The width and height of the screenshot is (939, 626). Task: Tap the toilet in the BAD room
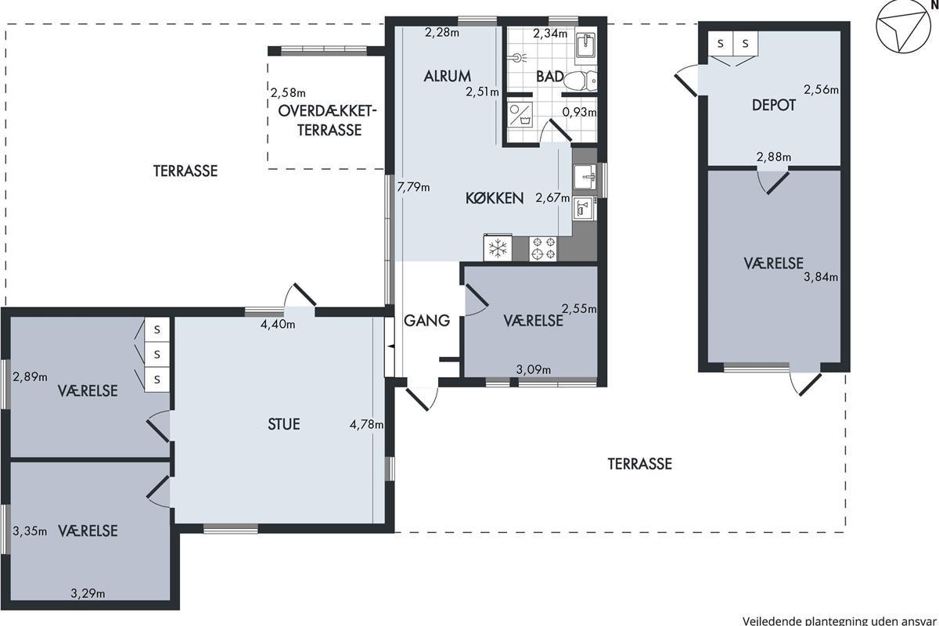pyautogui.click(x=580, y=81)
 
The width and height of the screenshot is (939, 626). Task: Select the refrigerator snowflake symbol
pyautogui.click(x=498, y=248)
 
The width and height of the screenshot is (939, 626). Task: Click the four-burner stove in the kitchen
pyautogui.click(x=543, y=249)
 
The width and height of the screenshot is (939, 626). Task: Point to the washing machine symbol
pyautogui.click(x=520, y=114)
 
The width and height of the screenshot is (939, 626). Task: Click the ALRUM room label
pyautogui.click(x=448, y=77)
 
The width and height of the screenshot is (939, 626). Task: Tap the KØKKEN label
pyautogui.click(x=495, y=198)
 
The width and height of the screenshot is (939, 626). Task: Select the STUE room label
pyautogui.click(x=284, y=424)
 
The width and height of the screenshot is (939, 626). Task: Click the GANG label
pyautogui.click(x=426, y=321)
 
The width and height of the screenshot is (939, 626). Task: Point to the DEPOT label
pyautogui.click(x=773, y=105)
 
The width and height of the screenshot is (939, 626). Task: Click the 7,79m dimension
pyautogui.click(x=413, y=187)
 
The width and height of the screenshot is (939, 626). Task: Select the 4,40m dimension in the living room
pyautogui.click(x=278, y=324)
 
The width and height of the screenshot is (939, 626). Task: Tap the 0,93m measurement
pyautogui.click(x=579, y=112)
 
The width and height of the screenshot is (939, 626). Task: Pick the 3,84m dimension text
pyautogui.click(x=821, y=277)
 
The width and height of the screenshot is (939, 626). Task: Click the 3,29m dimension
pyautogui.click(x=88, y=593)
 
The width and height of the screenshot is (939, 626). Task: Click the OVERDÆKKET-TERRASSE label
pyautogui.click(x=327, y=121)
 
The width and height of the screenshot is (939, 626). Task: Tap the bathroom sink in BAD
pyautogui.click(x=585, y=46)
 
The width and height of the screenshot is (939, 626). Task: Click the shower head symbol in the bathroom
pyautogui.click(x=520, y=57)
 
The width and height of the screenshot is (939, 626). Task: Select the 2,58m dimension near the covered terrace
pyautogui.click(x=288, y=92)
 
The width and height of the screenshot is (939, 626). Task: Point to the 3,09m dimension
pyautogui.click(x=533, y=369)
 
